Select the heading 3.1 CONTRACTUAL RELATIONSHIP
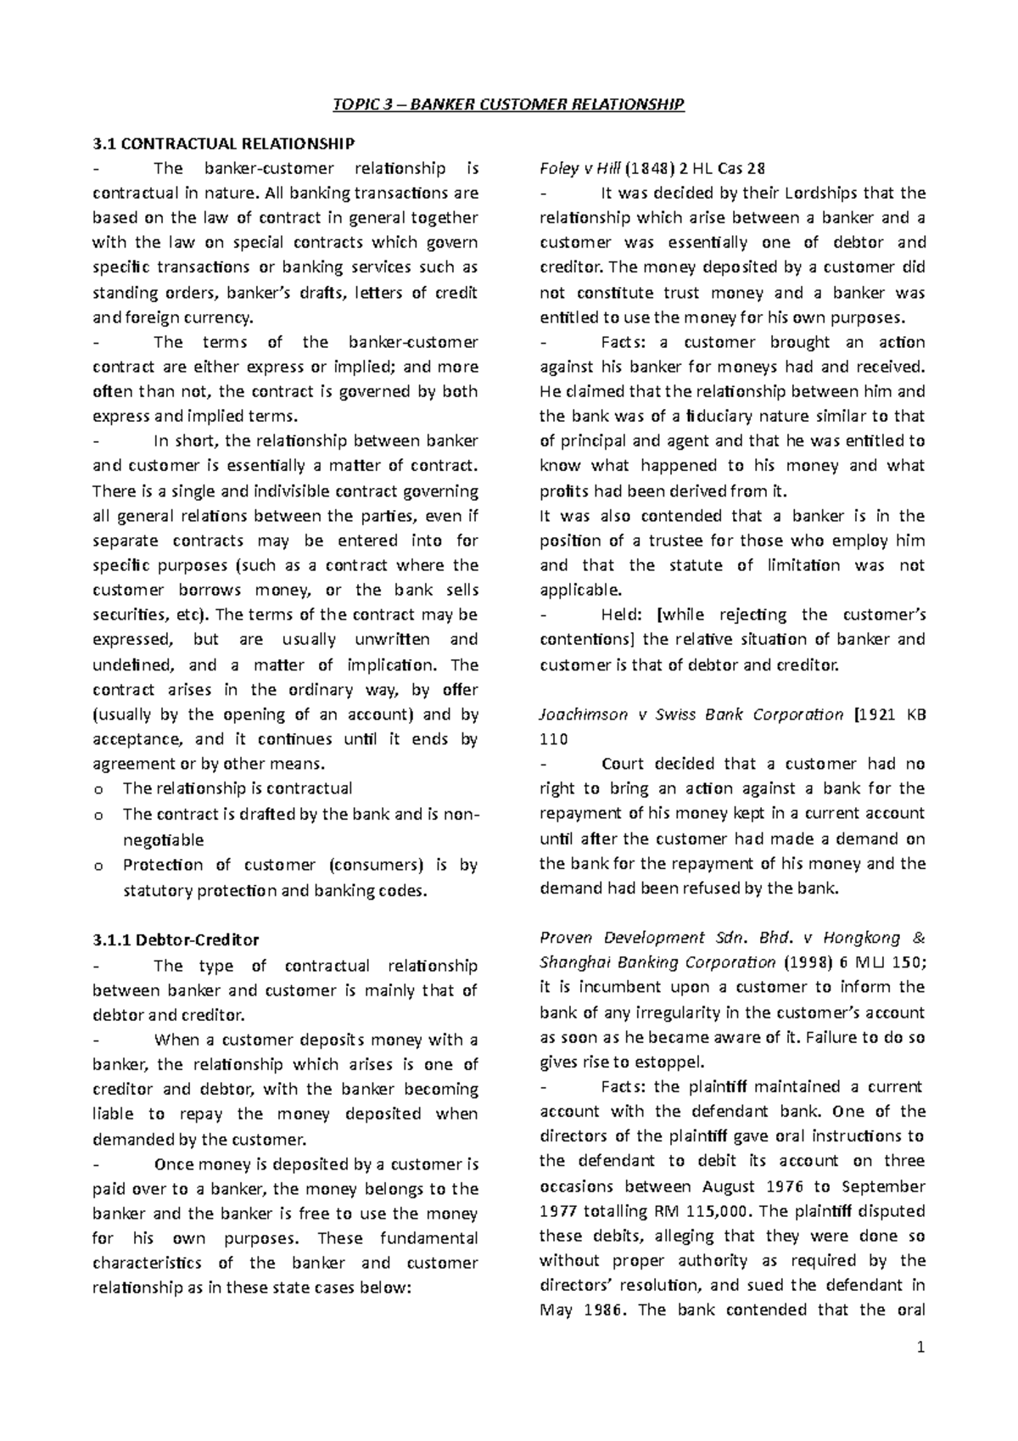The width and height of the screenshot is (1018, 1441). [223, 143]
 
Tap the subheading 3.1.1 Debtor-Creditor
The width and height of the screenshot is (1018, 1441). [176, 939]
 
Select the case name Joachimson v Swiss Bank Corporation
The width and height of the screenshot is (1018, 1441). [691, 714]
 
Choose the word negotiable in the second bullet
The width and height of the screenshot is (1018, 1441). [163, 840]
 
